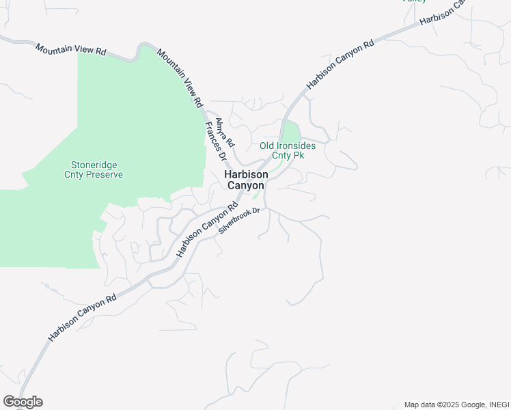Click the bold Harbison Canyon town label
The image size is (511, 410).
[246, 180]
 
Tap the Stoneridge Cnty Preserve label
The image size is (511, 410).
[97, 169]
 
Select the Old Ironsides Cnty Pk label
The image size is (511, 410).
[288, 150]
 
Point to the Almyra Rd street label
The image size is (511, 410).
[225, 133]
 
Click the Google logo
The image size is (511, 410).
[23, 402]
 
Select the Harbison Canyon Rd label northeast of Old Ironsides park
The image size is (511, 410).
[340, 64]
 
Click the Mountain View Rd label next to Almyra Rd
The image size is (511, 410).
[180, 78]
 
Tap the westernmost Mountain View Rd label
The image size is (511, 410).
[71, 50]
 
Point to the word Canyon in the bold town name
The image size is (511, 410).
[246, 185]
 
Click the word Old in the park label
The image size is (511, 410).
[267, 146]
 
